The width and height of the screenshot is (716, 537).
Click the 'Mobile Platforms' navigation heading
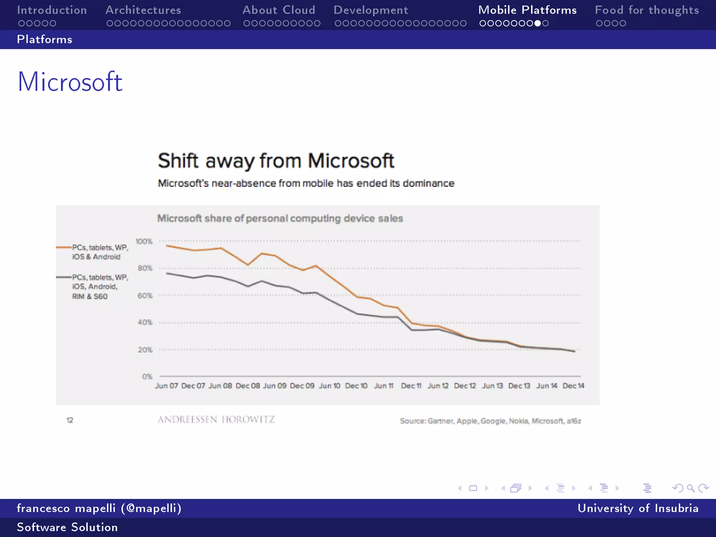pyautogui.click(x=527, y=10)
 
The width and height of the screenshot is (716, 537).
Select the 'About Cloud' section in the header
pyautogui.click(x=279, y=10)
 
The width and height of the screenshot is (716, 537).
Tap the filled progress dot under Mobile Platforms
pyautogui.click(x=538, y=23)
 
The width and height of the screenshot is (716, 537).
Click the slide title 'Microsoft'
pyautogui.click(x=70, y=82)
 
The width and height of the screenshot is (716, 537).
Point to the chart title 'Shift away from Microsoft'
pyautogui.click(x=276, y=161)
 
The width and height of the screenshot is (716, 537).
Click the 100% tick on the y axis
pyautogui.click(x=144, y=242)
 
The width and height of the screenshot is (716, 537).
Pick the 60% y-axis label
pyautogui.click(x=145, y=296)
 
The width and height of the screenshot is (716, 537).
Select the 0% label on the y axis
pyautogui.click(x=147, y=377)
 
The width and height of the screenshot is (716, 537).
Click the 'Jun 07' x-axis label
pyautogui.click(x=166, y=386)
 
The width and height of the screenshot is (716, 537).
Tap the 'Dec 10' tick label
pyautogui.click(x=356, y=386)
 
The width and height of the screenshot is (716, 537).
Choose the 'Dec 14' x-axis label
pyautogui.click(x=573, y=386)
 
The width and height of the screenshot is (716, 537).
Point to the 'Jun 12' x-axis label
pyautogui.click(x=438, y=386)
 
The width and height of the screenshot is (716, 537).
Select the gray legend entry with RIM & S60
pyautogui.click(x=100, y=287)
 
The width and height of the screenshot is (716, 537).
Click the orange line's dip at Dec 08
pyautogui.click(x=248, y=265)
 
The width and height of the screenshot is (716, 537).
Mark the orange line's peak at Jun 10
pyautogui.click(x=316, y=266)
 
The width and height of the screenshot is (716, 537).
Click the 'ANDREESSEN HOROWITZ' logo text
pyautogui.click(x=216, y=420)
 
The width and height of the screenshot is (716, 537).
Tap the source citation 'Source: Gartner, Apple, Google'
pyautogui.click(x=490, y=421)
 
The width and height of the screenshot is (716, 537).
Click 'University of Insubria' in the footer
pyautogui.click(x=638, y=508)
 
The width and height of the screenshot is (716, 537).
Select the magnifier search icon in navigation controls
pyautogui.click(x=690, y=488)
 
